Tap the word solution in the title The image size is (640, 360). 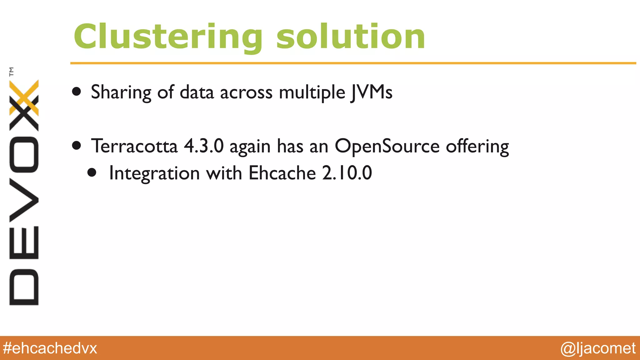point(351,37)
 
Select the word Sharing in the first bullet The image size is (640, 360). point(121,92)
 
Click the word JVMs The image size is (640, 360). point(372,92)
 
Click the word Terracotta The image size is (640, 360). point(134,146)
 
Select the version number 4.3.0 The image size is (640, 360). point(204,146)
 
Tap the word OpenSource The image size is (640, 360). point(387,146)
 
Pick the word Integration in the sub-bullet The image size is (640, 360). point(154,174)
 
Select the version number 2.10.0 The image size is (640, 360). point(347,173)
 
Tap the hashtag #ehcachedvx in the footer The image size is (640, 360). point(50,348)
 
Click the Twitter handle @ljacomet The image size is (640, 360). point(598,348)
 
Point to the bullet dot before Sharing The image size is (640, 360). point(77,92)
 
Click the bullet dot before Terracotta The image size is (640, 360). point(77,145)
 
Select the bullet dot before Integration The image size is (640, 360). point(92,172)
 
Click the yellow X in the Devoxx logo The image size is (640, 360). point(24,97)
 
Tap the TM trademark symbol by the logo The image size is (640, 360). point(12,72)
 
